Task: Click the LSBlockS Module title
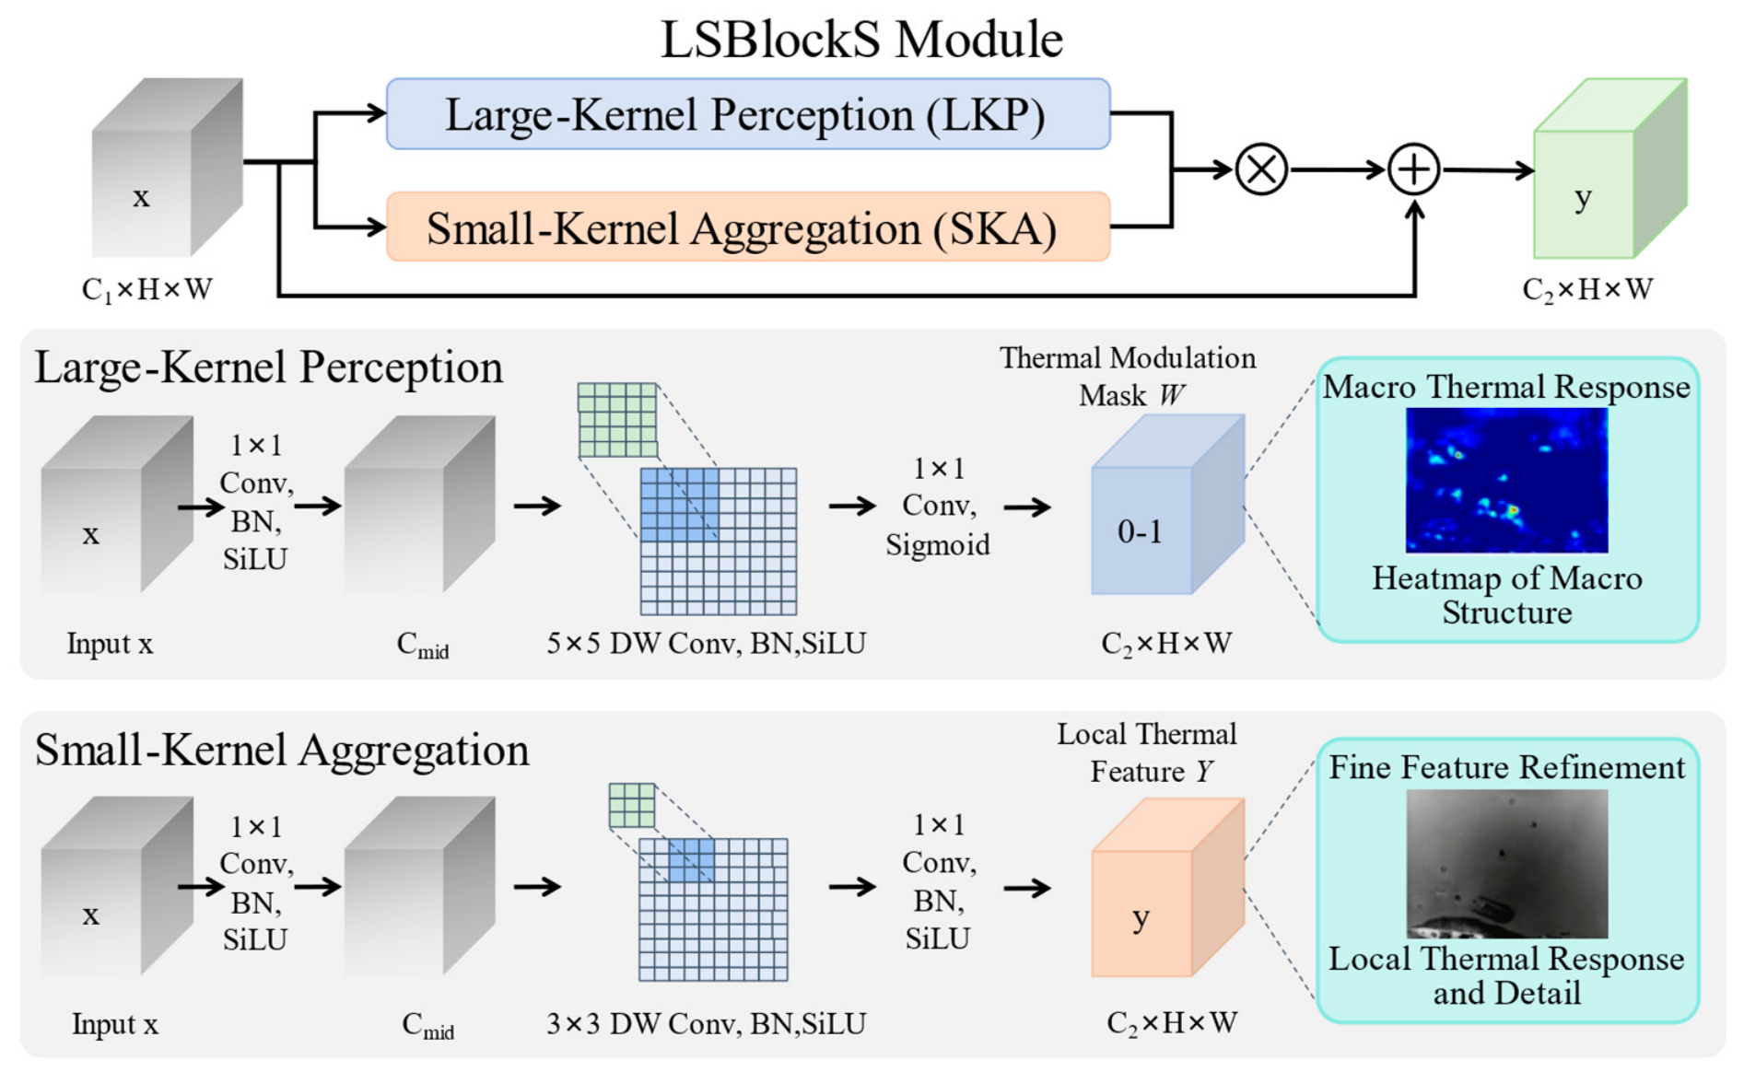pos(861,39)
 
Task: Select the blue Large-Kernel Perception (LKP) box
pos(748,114)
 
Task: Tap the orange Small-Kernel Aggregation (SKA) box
pos(748,227)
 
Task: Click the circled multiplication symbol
pos(1261,169)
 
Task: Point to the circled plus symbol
pos(1414,169)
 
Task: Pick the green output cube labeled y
pos(1609,169)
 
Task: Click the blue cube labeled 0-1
pos(1167,505)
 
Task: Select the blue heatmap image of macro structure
pos(1506,480)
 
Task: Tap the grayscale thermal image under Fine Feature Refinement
pos(1506,864)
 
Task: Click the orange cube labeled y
pos(1167,888)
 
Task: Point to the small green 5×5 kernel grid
pos(617,421)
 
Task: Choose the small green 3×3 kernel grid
pos(632,806)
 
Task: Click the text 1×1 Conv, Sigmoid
pos(938,507)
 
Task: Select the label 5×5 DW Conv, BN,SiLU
pos(707,643)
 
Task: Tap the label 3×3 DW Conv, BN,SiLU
pos(707,1023)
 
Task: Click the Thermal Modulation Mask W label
pos(1128,377)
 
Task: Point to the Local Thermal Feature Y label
pos(1147,752)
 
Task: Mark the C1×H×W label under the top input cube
pos(147,290)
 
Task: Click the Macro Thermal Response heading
pos(1506,387)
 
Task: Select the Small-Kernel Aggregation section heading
pos(282,750)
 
